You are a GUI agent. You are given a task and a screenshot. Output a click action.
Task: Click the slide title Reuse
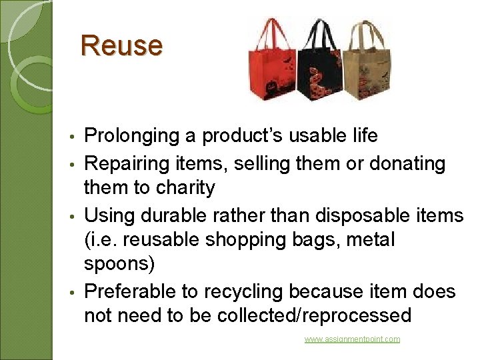coord(121,45)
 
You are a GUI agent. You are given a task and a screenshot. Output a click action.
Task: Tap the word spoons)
coord(119,265)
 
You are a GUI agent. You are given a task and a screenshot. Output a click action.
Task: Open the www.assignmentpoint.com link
coord(352,339)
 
